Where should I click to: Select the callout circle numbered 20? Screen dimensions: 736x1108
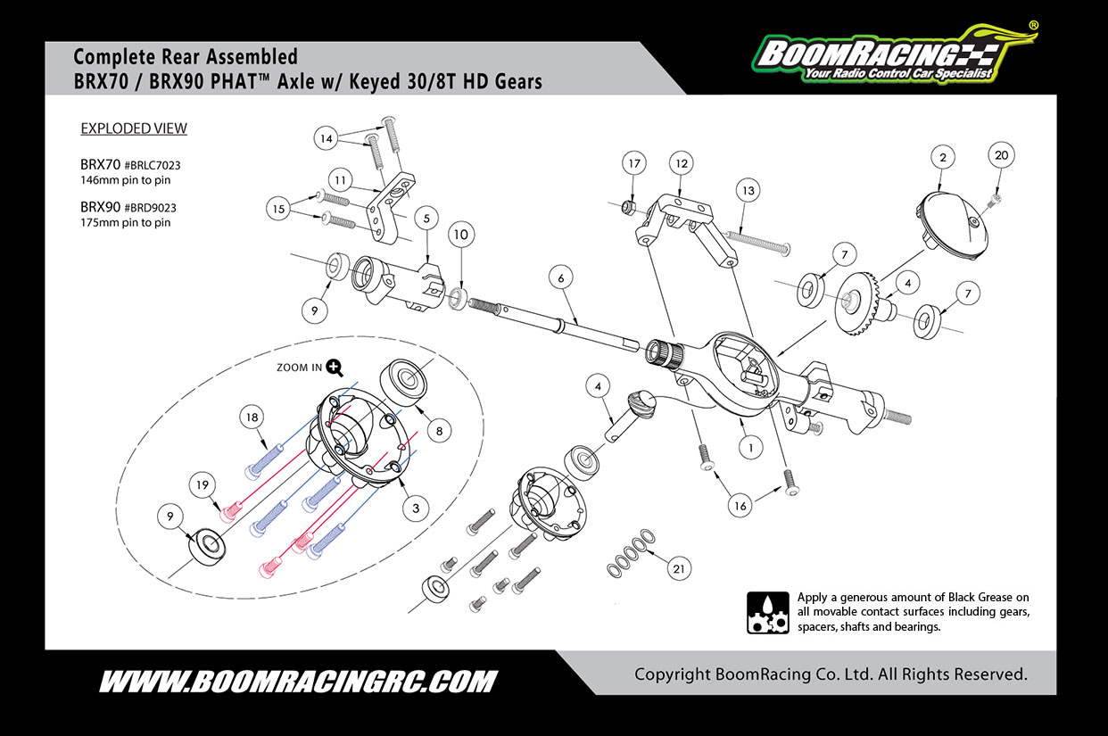1001,155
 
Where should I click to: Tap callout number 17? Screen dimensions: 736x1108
634,164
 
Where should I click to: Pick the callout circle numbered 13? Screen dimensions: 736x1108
747,190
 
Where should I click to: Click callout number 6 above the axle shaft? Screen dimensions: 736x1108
560,278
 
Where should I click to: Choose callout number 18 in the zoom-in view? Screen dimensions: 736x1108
252,418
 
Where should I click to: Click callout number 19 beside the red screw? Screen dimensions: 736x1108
203,484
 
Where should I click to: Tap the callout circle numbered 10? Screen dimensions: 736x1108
459,235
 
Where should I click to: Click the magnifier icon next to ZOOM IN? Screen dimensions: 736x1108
335,366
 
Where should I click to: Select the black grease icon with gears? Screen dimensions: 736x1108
767,612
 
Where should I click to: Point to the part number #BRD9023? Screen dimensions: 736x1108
151,208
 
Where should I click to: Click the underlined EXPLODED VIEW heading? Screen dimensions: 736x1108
134,128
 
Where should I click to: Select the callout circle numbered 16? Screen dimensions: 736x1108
740,506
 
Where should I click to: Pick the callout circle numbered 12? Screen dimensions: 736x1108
682,164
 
